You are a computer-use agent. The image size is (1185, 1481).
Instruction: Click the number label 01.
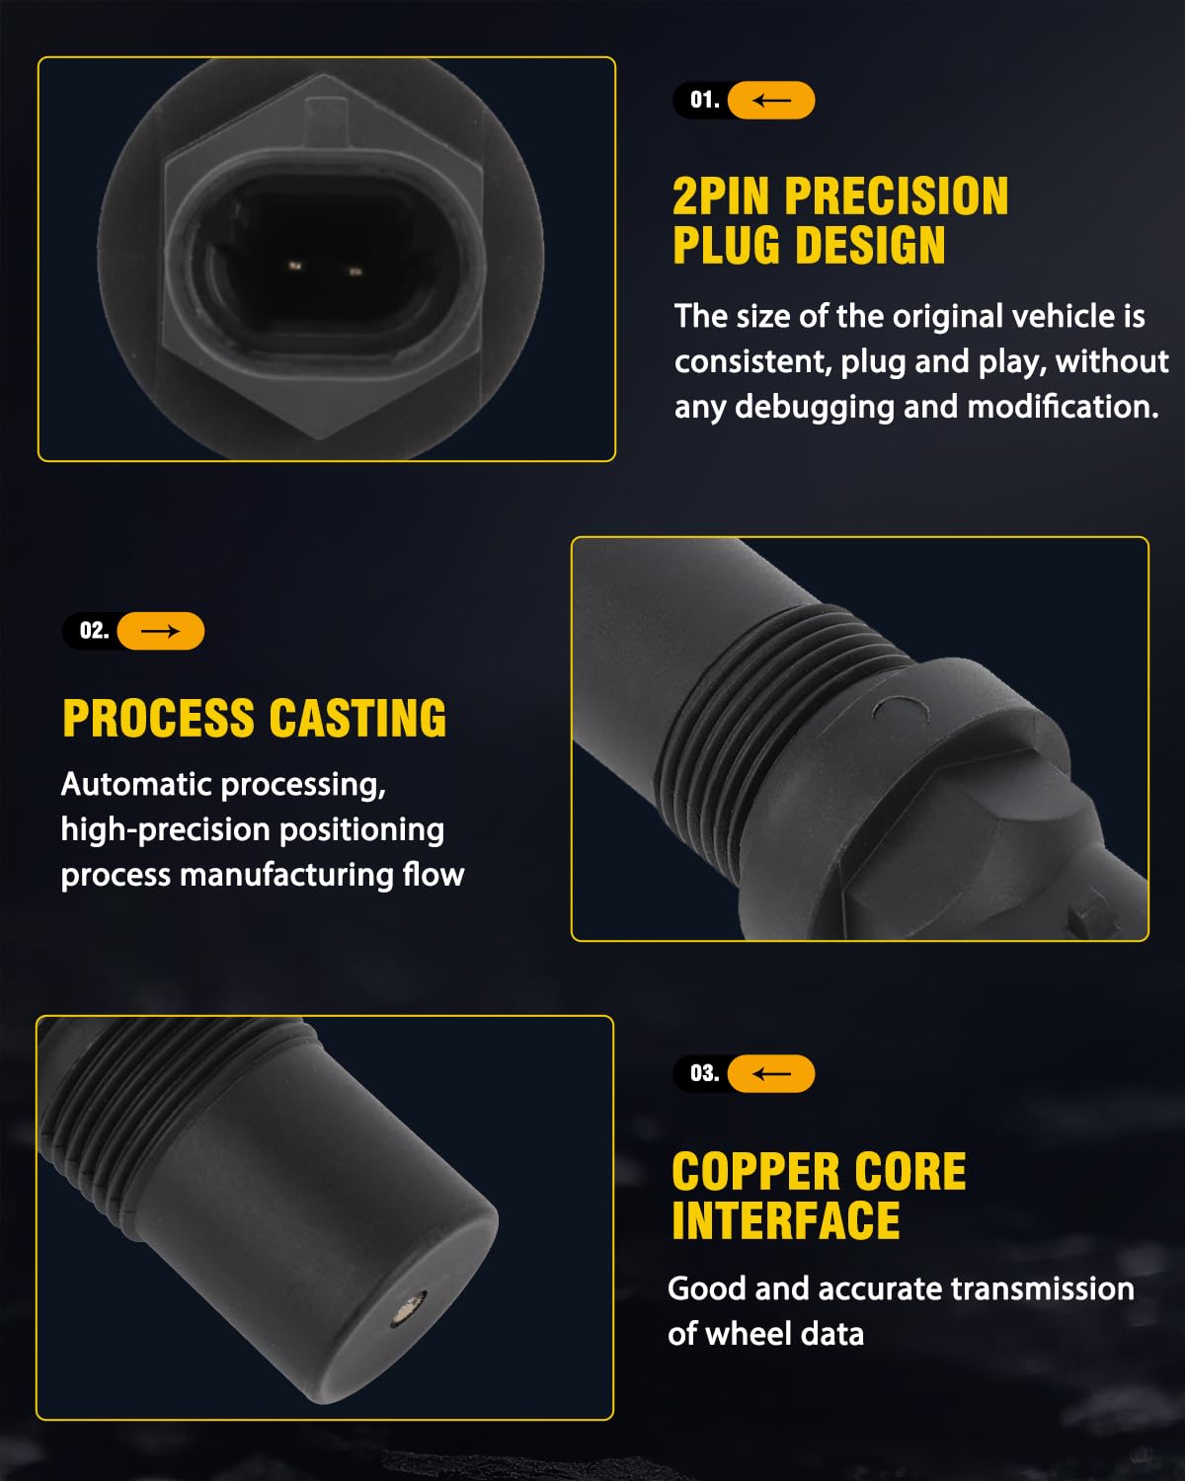tap(704, 100)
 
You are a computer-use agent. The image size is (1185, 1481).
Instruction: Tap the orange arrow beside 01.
tap(771, 100)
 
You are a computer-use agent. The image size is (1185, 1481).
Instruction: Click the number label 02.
tap(95, 630)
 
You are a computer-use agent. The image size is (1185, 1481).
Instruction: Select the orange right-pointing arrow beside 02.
tap(160, 630)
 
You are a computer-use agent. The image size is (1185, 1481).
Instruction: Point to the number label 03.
tap(704, 1073)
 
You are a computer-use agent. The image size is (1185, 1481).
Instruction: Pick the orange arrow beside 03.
tap(771, 1073)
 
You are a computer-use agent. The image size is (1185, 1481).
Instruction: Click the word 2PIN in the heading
tap(721, 196)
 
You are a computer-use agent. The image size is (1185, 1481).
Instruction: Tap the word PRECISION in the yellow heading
tap(897, 196)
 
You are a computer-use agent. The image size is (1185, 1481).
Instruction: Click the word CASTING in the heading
tap(357, 718)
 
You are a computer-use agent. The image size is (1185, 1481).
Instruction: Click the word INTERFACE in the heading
tap(786, 1220)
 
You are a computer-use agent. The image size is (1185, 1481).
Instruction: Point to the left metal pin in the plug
tap(295, 266)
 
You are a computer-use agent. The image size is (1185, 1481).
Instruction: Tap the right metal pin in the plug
tap(355, 273)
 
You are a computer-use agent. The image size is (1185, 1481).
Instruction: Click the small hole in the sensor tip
tap(408, 1306)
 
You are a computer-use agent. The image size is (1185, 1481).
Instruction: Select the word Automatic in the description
tap(135, 784)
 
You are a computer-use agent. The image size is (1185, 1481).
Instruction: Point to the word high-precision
tap(165, 830)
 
